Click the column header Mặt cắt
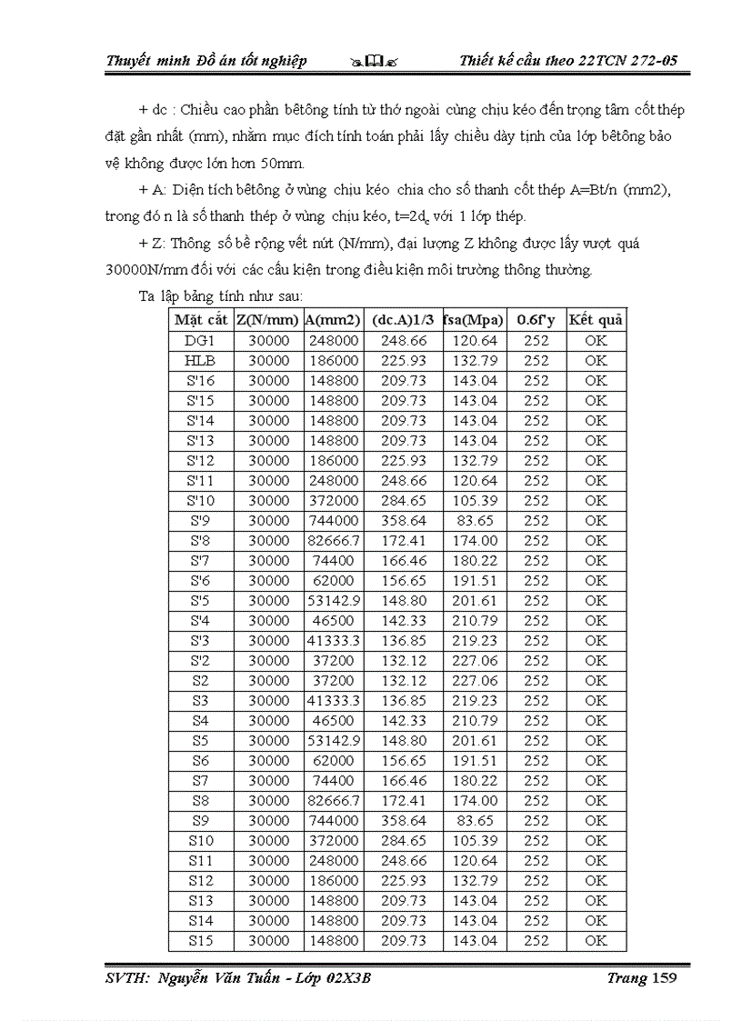(x=201, y=320)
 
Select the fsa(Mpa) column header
(x=475, y=320)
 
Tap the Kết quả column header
(x=596, y=320)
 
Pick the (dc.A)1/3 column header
(x=404, y=320)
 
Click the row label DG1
(x=201, y=341)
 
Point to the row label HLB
(x=201, y=361)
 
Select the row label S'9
(x=201, y=521)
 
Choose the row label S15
(x=201, y=941)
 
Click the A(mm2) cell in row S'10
(x=332, y=501)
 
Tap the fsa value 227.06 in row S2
(x=475, y=681)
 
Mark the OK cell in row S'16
(x=596, y=381)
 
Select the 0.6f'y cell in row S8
(x=536, y=801)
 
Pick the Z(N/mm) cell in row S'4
(x=268, y=621)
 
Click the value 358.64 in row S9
(x=404, y=821)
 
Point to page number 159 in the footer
(x=660, y=978)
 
